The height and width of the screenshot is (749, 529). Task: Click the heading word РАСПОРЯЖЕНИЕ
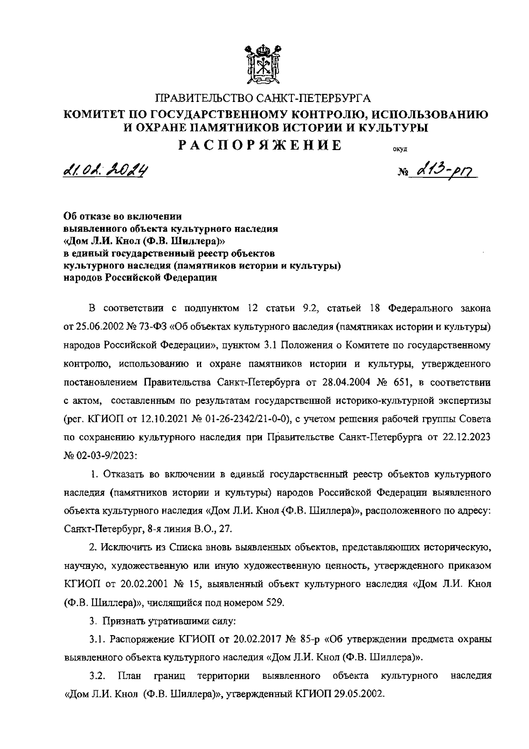tap(260, 145)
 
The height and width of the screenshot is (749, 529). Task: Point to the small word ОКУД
tap(399, 149)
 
